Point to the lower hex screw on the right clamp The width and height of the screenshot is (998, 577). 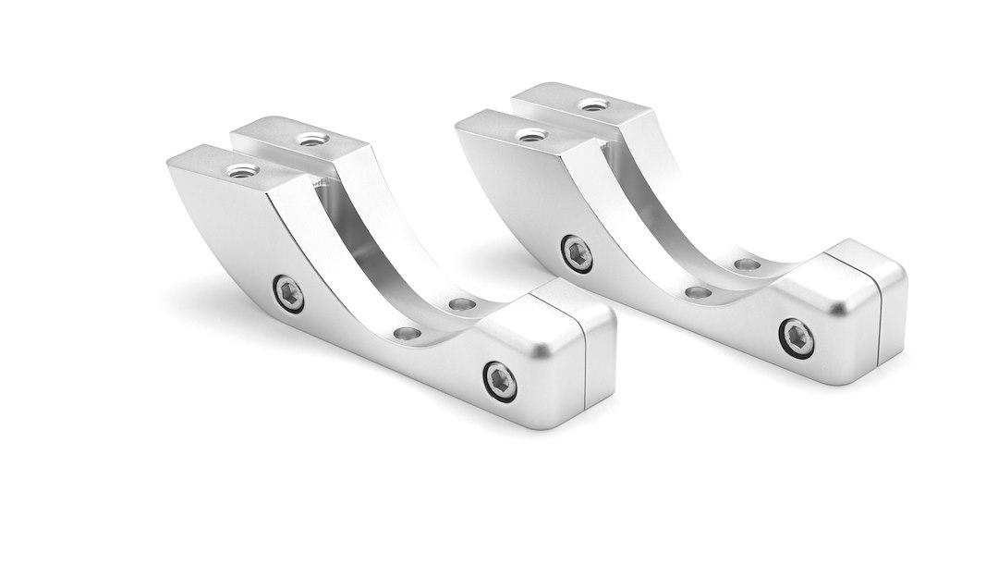(x=797, y=336)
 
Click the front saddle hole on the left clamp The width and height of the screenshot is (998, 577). (x=405, y=331)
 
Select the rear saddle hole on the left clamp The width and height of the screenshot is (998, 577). (x=458, y=303)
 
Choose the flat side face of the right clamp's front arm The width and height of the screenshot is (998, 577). (x=522, y=199)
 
